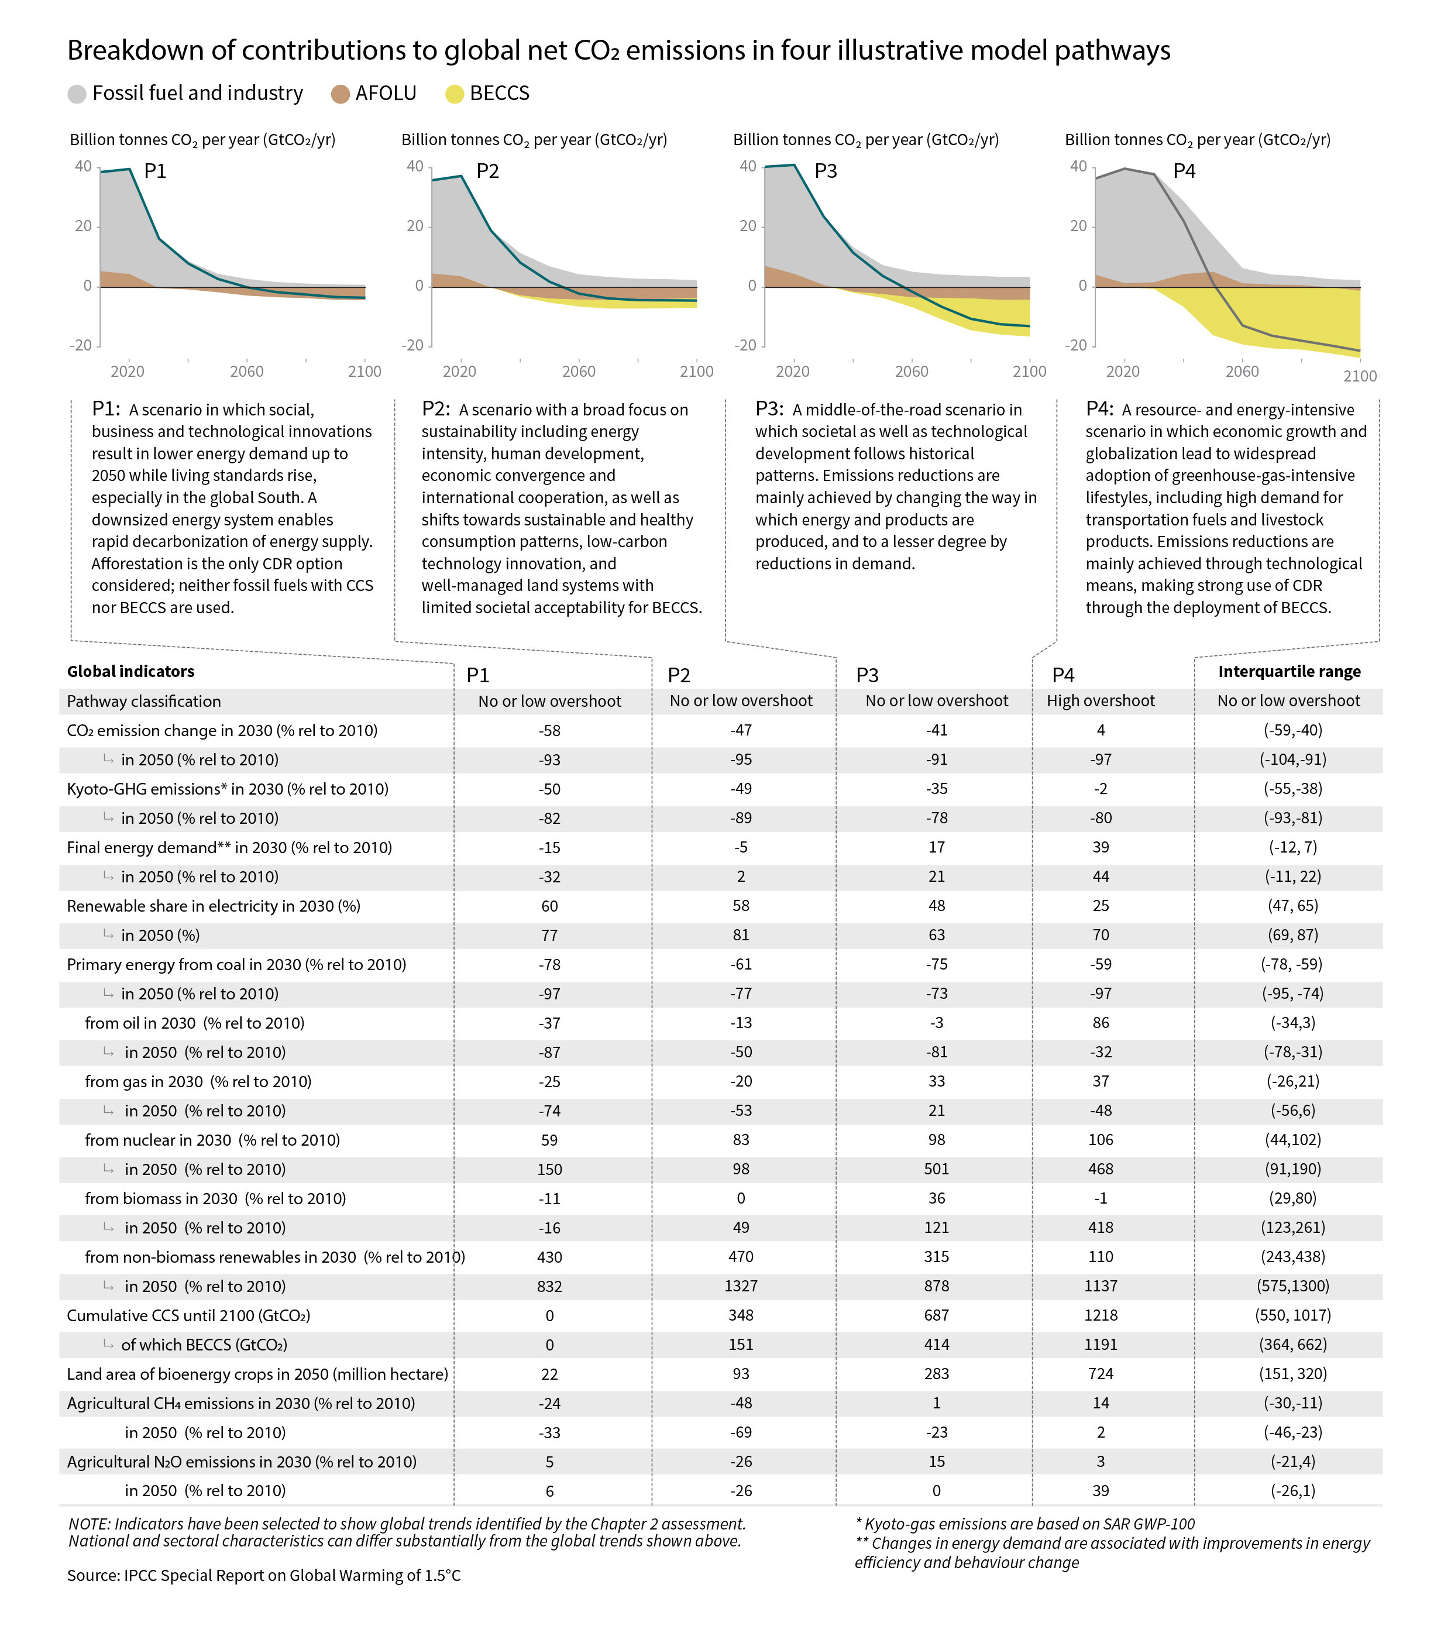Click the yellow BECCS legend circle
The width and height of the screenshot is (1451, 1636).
455,94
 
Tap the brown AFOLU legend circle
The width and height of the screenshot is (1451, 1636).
340,94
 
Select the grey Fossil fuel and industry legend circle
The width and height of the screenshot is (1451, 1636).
77,94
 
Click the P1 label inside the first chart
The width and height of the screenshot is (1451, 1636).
155,171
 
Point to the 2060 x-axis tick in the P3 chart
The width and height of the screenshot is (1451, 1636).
911,372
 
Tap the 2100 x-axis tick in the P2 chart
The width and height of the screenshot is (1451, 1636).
696,372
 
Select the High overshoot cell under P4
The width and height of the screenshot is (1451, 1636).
1101,701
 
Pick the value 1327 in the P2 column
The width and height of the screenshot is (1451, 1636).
741,1286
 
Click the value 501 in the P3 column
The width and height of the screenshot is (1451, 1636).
936,1170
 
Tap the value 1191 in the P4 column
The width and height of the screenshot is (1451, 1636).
1101,1345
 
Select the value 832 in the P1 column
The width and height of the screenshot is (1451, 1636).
549,1286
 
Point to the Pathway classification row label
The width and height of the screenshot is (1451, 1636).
144,701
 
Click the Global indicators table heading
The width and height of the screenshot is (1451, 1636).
130,672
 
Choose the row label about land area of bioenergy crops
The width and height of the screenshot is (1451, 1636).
257,1374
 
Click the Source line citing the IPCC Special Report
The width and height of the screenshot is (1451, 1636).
263,1575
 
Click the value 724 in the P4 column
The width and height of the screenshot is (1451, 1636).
1101,1374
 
